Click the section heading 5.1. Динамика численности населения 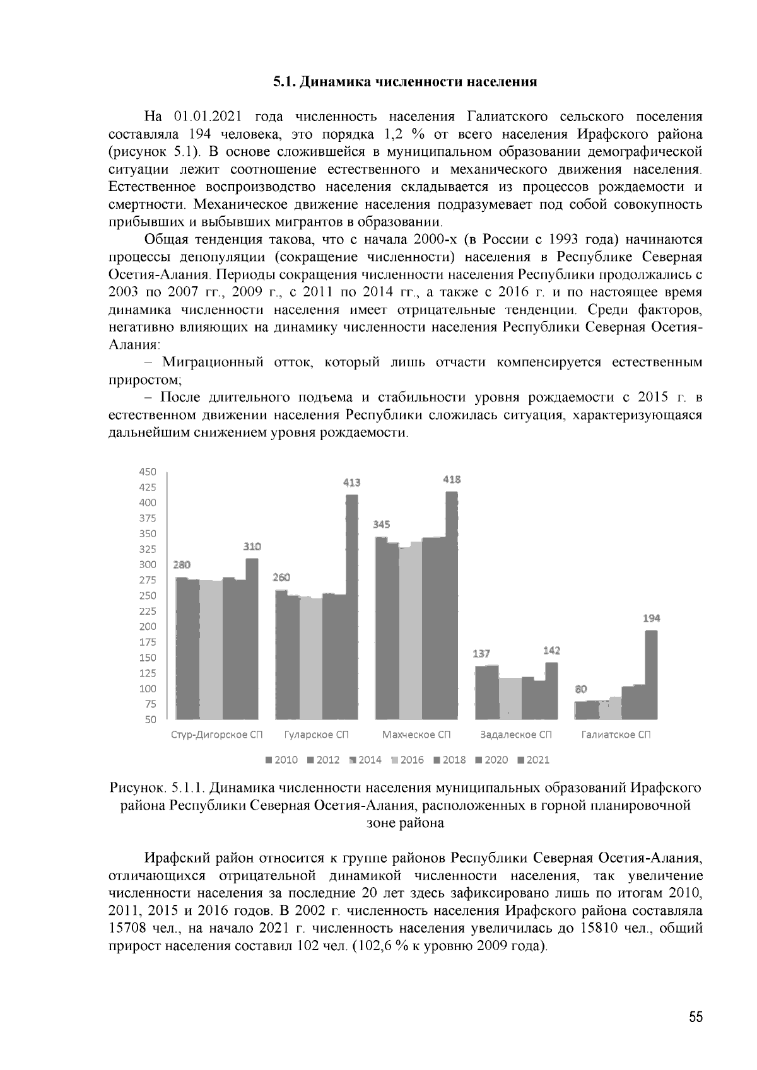[404, 82]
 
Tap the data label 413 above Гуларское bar [352, 483]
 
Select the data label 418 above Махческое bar [452, 479]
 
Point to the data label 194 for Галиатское [652, 619]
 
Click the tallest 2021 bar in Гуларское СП [352, 605]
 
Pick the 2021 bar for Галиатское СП [652, 675]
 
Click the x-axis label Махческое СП [416, 735]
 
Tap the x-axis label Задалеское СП [516, 735]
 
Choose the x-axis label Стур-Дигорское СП [216, 735]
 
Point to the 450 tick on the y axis [146, 472]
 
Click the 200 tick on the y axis [146, 627]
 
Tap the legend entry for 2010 [282, 760]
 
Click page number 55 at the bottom [695, 1018]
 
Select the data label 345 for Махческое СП [382, 525]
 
